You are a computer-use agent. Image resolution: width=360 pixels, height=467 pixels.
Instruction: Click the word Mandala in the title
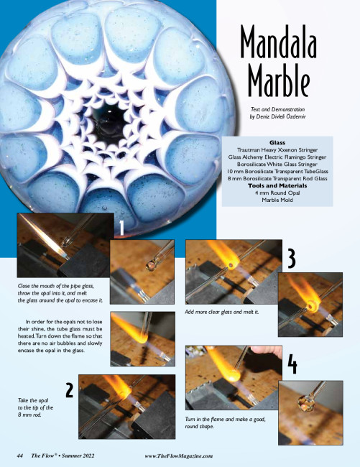tap(278, 42)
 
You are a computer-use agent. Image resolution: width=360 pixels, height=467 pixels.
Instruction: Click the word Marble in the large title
tap(279, 80)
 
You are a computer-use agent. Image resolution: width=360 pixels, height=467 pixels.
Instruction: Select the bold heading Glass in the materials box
tap(277, 143)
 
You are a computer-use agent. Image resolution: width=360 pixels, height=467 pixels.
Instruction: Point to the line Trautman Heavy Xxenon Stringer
tap(277, 150)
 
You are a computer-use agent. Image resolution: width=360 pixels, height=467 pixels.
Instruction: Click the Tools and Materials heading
tap(277, 185)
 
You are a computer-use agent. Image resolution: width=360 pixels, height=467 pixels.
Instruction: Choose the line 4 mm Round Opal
tap(277, 193)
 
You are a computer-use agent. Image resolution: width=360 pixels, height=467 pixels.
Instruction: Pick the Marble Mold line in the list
tap(277, 200)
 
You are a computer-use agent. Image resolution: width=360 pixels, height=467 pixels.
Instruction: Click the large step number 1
tap(121, 228)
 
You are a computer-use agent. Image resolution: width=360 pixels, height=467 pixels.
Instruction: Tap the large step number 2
tap(70, 390)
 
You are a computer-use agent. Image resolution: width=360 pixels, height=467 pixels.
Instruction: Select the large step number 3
tap(292, 258)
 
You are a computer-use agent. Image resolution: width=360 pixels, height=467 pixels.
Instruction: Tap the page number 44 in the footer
tap(20, 456)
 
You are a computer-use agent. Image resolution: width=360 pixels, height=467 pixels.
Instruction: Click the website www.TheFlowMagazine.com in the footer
tap(179, 456)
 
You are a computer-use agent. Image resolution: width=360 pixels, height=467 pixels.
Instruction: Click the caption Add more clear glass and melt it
tap(222, 312)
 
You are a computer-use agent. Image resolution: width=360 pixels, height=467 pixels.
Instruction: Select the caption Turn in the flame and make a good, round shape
tap(225, 422)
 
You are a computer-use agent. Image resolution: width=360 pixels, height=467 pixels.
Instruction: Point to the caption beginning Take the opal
tap(35, 407)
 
